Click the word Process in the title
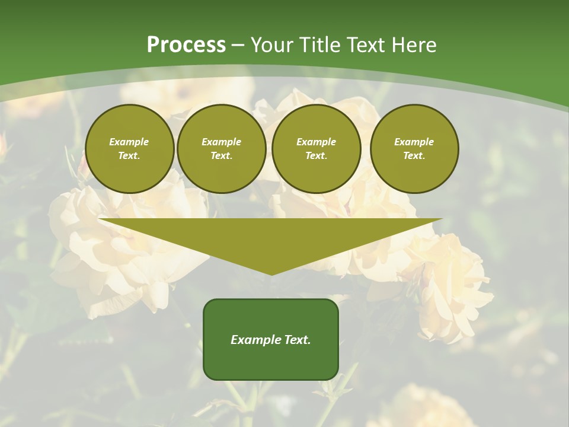186,45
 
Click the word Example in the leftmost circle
129,142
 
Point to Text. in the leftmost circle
129,155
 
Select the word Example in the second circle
222,142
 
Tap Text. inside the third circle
317,155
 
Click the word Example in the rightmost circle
414,142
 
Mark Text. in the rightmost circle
414,155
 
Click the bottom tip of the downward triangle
271,275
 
